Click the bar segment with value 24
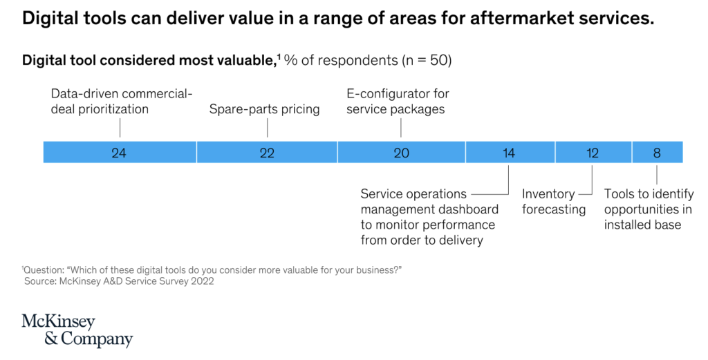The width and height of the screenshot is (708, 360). coord(120,153)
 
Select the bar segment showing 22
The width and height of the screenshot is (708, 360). coord(267,153)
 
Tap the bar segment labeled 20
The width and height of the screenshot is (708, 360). coord(401,153)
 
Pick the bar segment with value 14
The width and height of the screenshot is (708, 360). coord(510,153)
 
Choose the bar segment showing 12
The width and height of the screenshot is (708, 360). coord(593,153)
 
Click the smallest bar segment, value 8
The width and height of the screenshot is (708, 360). coord(657,153)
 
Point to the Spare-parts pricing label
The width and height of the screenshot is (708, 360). coord(264,109)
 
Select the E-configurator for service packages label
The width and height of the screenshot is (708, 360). coord(398,102)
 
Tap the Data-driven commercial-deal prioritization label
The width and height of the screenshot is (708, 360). coord(122,102)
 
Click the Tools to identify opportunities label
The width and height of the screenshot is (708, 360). coord(648,209)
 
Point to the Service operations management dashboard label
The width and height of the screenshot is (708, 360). coord(429,217)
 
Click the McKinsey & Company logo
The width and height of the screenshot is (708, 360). coord(77,330)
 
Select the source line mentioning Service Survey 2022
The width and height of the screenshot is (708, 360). coord(119,281)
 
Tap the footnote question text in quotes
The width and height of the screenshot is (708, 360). coord(214,269)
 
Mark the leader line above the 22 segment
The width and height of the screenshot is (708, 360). coord(267,128)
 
